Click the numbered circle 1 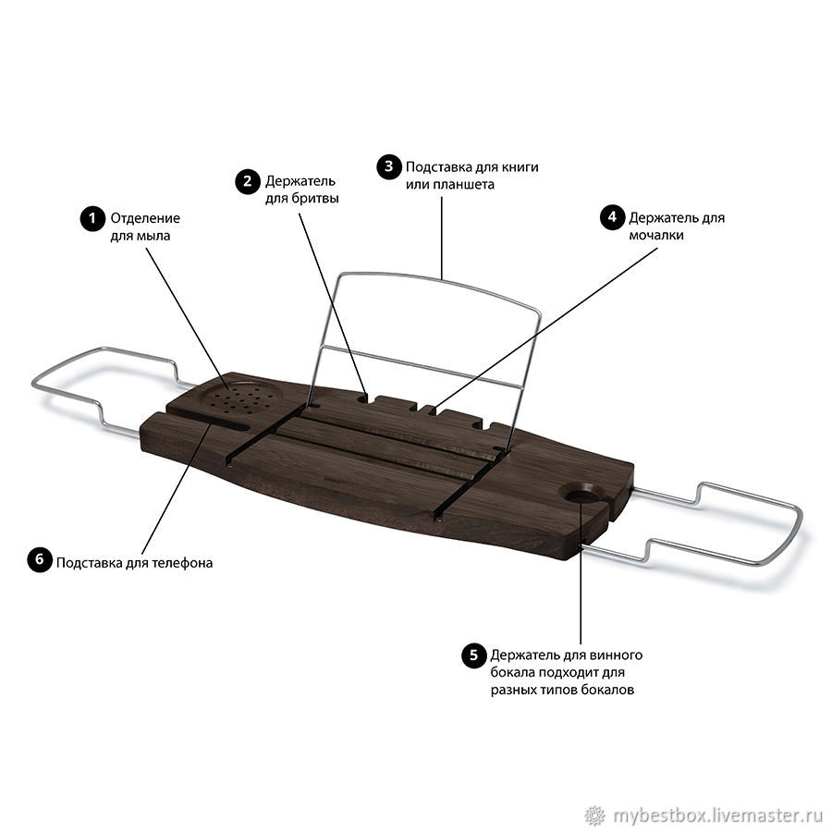(x=92, y=219)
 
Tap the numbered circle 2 (x=247, y=182)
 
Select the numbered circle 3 (x=389, y=166)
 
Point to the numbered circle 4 (x=612, y=217)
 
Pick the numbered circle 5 (x=473, y=655)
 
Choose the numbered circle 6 (x=40, y=560)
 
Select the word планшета (x=463, y=185)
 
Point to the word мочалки (x=655, y=235)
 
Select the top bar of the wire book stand (x=440, y=288)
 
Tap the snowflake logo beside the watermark (x=595, y=814)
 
